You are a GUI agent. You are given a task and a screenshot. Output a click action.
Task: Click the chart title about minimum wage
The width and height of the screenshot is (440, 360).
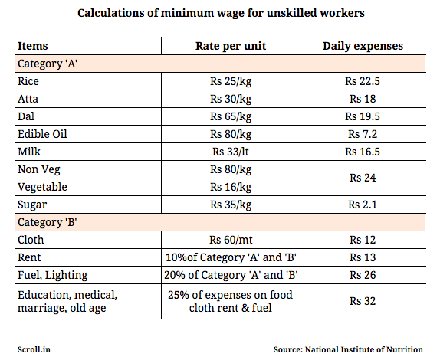tap(221, 13)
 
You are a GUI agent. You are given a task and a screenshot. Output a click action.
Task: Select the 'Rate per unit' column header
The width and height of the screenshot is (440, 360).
tap(231, 46)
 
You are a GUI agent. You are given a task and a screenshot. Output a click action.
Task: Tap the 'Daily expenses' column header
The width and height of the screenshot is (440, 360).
tap(363, 46)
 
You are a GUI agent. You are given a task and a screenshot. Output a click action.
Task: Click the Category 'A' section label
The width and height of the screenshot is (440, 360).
tap(48, 64)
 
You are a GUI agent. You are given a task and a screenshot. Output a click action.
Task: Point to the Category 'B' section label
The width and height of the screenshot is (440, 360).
tap(48, 222)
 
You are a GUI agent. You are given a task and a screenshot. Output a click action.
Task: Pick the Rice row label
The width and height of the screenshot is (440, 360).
tap(28, 81)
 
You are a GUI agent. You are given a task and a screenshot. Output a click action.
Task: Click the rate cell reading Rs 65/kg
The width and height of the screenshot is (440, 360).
tap(231, 116)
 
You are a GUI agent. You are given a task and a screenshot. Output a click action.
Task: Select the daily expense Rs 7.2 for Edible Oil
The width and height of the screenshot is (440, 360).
tap(363, 134)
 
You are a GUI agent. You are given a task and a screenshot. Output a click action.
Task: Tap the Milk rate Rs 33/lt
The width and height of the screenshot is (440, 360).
tap(231, 152)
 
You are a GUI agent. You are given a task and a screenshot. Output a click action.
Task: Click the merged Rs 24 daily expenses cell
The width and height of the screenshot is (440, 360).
tap(363, 178)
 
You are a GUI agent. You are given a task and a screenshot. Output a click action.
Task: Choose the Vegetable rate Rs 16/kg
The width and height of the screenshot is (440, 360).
tap(231, 187)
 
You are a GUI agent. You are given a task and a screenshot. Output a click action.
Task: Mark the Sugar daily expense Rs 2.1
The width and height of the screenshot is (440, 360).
tap(363, 205)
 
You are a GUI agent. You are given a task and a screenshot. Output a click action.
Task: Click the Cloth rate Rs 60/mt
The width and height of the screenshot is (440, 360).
tap(231, 240)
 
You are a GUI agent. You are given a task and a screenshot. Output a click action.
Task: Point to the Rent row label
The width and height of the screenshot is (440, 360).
tap(29, 257)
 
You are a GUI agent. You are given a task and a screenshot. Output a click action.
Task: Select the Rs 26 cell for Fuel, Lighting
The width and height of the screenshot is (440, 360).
tap(363, 275)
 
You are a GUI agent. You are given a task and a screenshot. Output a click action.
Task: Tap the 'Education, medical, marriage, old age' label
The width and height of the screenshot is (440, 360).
tap(67, 301)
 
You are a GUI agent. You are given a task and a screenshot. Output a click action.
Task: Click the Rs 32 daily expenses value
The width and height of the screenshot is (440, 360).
tap(363, 301)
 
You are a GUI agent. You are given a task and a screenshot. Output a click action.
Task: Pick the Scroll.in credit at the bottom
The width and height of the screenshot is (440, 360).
tap(34, 349)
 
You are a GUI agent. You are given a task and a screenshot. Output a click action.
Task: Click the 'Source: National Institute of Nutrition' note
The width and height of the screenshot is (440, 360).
tap(348, 349)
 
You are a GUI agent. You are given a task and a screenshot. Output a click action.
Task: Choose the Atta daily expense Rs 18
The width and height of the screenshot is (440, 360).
tap(363, 99)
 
